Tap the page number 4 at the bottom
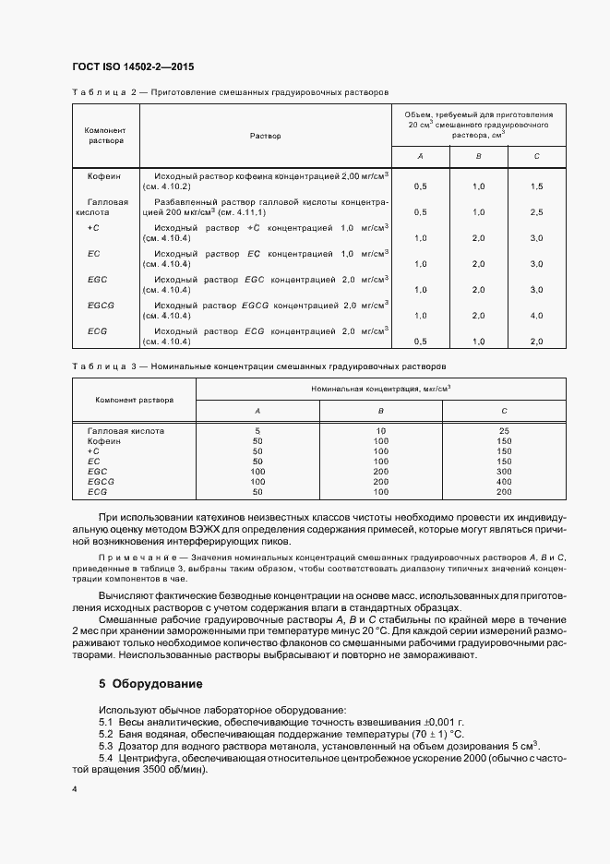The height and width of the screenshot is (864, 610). pos(74,790)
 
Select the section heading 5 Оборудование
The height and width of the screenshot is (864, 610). pos(150,684)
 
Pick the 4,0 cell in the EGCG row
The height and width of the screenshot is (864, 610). pos(536,316)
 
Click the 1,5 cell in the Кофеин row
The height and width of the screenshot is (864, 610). pos(536,186)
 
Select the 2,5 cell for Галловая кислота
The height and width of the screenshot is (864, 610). pos(536,212)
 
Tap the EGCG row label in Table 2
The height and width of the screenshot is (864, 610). pos(100,303)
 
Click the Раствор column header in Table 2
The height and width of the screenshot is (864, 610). pos(265,136)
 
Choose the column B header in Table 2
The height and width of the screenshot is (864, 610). pos(478,156)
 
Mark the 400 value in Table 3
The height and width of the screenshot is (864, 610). pos(504,481)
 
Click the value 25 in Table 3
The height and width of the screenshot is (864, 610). pos(504,430)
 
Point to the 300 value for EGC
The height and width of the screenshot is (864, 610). pos(504,471)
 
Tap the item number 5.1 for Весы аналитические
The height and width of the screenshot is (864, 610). pos(106,722)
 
